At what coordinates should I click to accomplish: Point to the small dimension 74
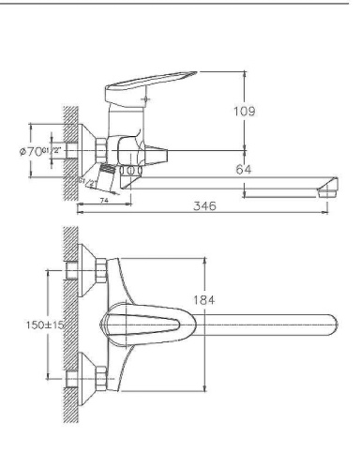pyautogui.click(x=103, y=201)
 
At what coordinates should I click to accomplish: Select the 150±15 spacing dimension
pyautogui.click(x=41, y=325)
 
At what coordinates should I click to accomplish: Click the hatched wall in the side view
pyautogui.click(x=68, y=150)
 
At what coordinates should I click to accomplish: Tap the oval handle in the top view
pyautogui.click(x=150, y=325)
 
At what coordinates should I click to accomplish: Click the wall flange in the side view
pyautogui.click(x=96, y=149)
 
